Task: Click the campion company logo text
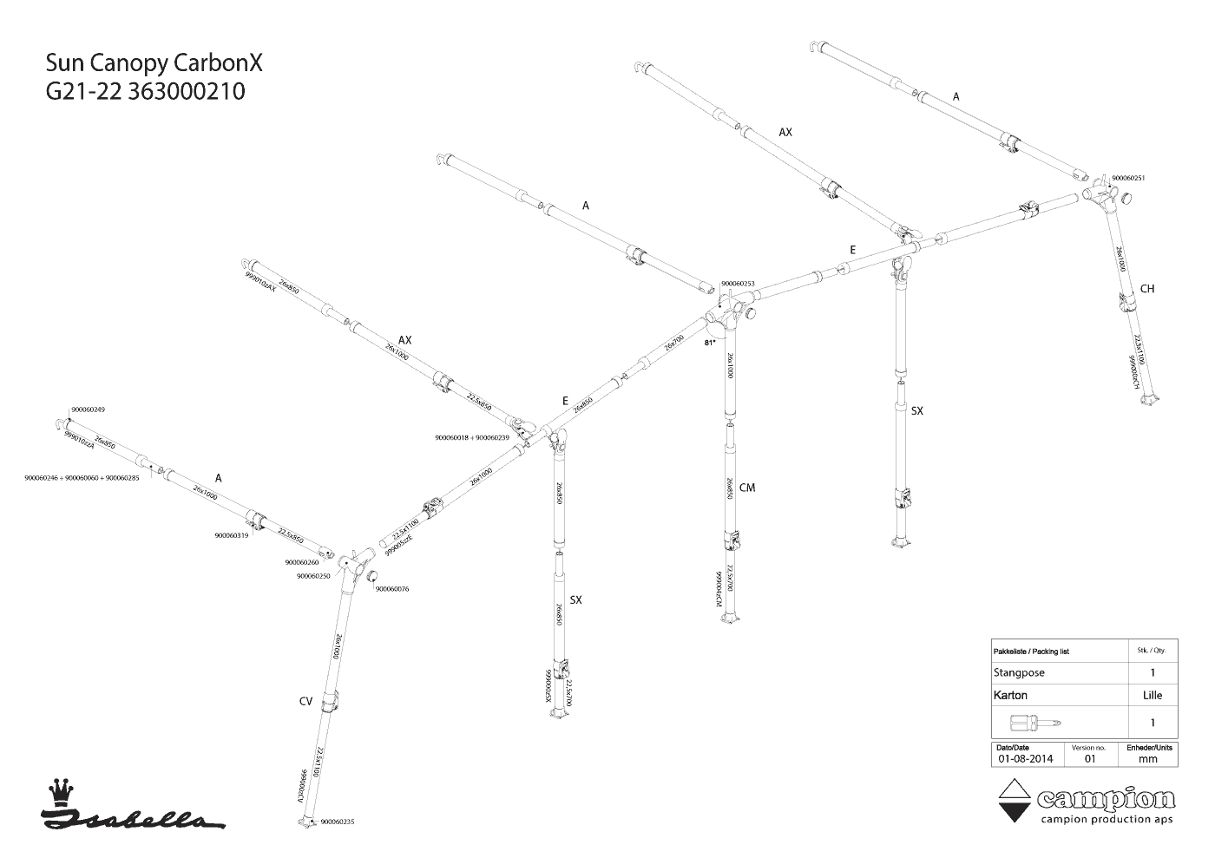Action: click(x=1106, y=798)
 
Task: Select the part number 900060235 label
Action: click(x=338, y=822)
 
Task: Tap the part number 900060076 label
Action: click(x=391, y=589)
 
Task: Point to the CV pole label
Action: click(x=305, y=701)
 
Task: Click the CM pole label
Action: click(x=747, y=488)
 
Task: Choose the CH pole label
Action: click(x=1147, y=289)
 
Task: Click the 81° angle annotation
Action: click(x=709, y=344)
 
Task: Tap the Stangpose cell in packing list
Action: click(x=1019, y=672)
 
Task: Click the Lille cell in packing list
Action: click(x=1153, y=695)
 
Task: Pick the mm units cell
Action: click(x=1148, y=758)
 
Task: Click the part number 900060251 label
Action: click(x=1128, y=178)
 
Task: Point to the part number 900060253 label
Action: click(x=738, y=284)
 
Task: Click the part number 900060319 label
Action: click(x=232, y=535)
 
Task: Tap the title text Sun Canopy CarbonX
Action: click(x=154, y=64)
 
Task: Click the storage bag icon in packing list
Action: click(x=1036, y=723)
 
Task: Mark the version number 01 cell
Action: click(x=1090, y=758)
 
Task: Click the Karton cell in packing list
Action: click(x=1010, y=695)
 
